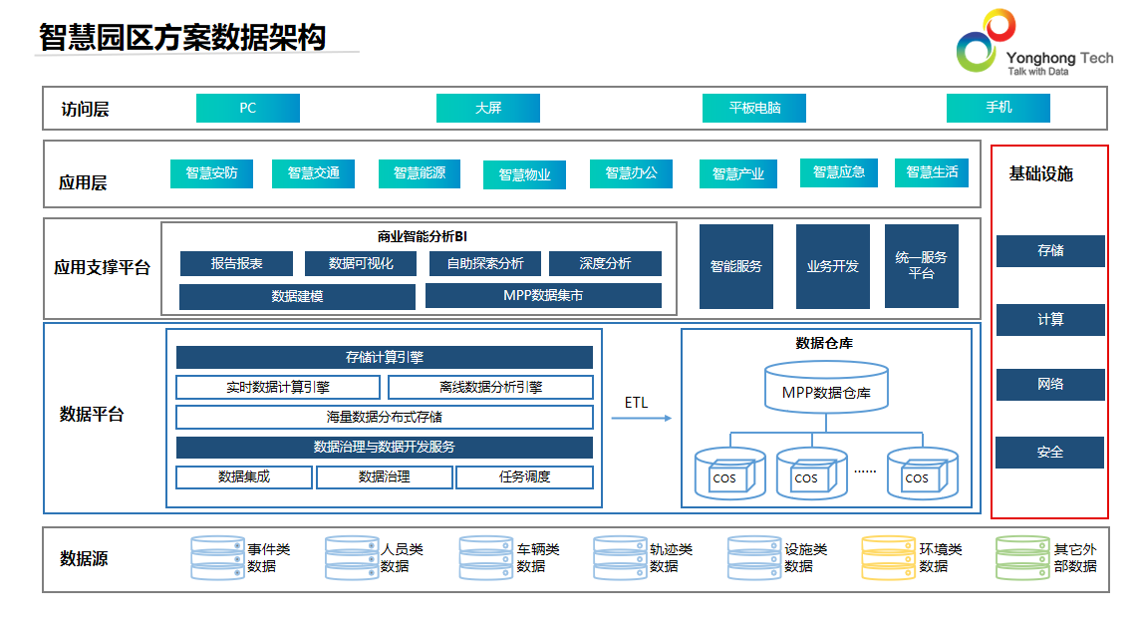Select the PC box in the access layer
pyautogui.click(x=247, y=108)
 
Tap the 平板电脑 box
pyautogui.click(x=753, y=108)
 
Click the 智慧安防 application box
pyautogui.click(x=211, y=173)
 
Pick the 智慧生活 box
pyautogui.click(x=931, y=172)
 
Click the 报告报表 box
pyautogui.click(x=236, y=263)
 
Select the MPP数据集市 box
pyautogui.click(x=543, y=296)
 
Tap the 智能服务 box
pyautogui.click(x=735, y=266)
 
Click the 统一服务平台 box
pyautogui.click(x=921, y=266)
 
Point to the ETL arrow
pyautogui.click(x=641, y=418)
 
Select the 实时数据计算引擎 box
pyautogui.click(x=278, y=387)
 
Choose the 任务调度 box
pyautogui.click(x=524, y=477)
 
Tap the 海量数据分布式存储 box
pyautogui.click(x=384, y=417)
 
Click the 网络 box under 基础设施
pyautogui.click(x=1050, y=385)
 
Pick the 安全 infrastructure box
pyautogui.click(x=1049, y=453)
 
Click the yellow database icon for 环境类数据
pyautogui.click(x=888, y=558)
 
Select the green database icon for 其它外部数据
pyautogui.click(x=1022, y=558)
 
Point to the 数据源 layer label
pyautogui.click(x=84, y=559)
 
